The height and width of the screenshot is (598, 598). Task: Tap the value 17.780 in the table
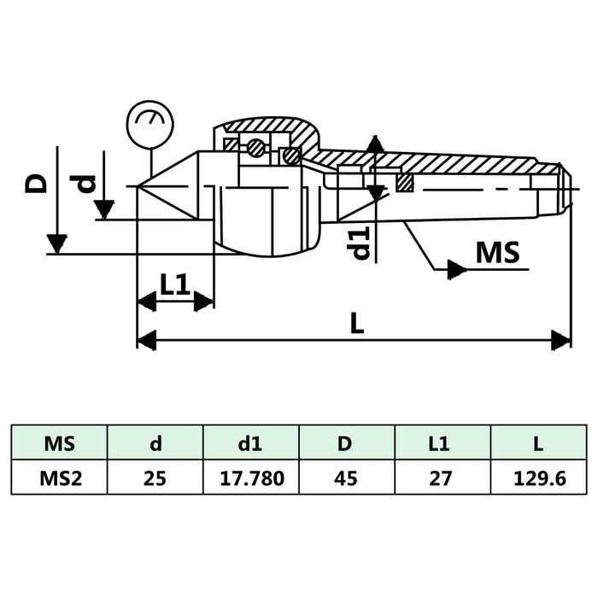point(250,478)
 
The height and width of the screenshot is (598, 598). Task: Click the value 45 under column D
point(347,478)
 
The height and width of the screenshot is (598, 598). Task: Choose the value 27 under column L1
point(443,478)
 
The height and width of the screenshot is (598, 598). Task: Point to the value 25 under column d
point(155,478)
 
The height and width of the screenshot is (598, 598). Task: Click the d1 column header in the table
point(250,443)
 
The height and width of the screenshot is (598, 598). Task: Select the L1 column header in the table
point(443,443)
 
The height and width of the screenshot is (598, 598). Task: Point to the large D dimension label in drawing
point(35,184)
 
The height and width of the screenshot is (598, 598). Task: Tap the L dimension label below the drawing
point(357,323)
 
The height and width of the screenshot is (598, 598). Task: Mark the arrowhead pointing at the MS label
point(456,270)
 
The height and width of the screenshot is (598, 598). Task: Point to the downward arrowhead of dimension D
point(56,243)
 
